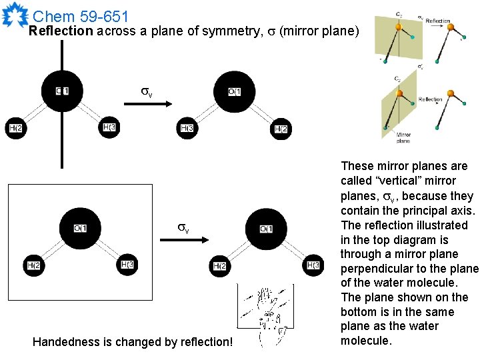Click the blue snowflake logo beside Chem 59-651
pos(15,14)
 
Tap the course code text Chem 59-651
pos(80,15)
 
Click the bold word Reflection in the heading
pos(61,31)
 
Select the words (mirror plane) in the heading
pos(319,31)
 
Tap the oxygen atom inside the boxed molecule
pos(80,229)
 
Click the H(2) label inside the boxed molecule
pos(33,265)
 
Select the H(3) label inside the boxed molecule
pos(129,265)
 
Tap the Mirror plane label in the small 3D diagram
pos(403,138)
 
